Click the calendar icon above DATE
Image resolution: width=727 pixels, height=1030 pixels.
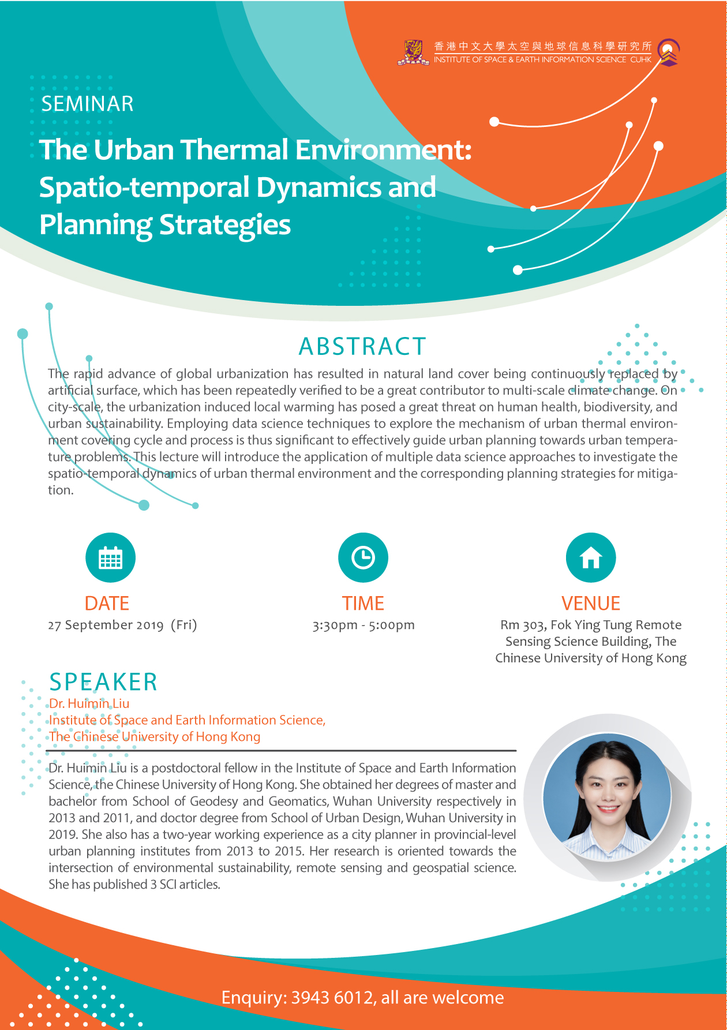click(x=110, y=557)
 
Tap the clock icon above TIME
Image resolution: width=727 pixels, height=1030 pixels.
click(x=363, y=557)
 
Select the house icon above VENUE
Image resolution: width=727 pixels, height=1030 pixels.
click(x=591, y=557)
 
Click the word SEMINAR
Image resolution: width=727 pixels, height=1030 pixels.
click(x=88, y=104)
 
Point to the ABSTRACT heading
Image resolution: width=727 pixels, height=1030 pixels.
click(x=362, y=346)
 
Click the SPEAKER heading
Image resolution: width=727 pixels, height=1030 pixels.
click(x=103, y=682)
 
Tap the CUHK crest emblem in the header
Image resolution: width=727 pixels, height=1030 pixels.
click(x=413, y=52)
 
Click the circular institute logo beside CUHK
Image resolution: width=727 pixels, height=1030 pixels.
click(x=669, y=52)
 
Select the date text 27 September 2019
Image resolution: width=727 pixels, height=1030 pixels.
click(x=106, y=625)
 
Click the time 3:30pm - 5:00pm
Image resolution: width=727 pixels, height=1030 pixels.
click(x=363, y=625)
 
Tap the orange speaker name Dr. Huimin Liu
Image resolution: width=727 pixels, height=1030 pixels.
click(x=89, y=703)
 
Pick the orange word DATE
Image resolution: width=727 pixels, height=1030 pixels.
click(x=107, y=603)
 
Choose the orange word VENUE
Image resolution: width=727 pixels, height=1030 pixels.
click(x=591, y=603)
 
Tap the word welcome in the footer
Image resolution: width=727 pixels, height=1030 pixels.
click(x=468, y=997)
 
